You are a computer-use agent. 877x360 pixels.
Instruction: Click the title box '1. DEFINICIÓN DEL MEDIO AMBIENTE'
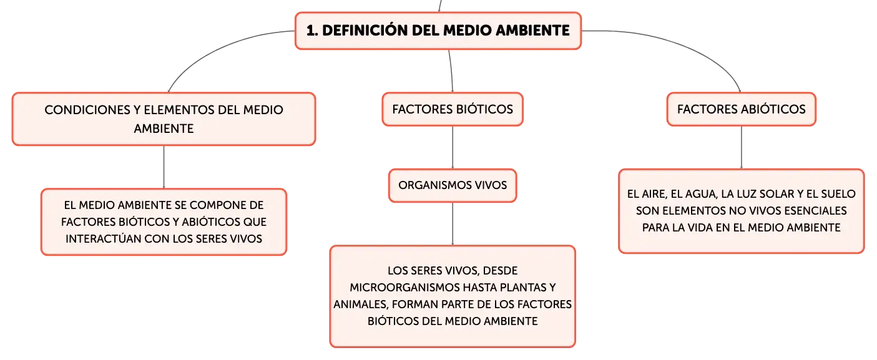pos(438,31)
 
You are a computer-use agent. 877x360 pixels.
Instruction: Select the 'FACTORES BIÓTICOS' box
pos(453,109)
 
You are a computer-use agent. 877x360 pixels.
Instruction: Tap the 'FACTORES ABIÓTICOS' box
pos(742,109)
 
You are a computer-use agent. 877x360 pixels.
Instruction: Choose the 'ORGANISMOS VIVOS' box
pos(453,185)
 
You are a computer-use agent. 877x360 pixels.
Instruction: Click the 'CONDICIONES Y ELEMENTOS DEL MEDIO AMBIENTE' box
pos(164,119)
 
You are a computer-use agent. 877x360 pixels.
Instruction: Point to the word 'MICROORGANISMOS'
pos(405,288)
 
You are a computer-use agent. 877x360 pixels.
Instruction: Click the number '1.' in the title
pos(312,31)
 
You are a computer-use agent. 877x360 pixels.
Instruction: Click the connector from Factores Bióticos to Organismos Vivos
pos(453,147)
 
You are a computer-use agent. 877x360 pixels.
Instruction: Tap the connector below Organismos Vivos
pos(453,224)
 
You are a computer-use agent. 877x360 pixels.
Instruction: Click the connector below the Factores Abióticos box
pos(742,147)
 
